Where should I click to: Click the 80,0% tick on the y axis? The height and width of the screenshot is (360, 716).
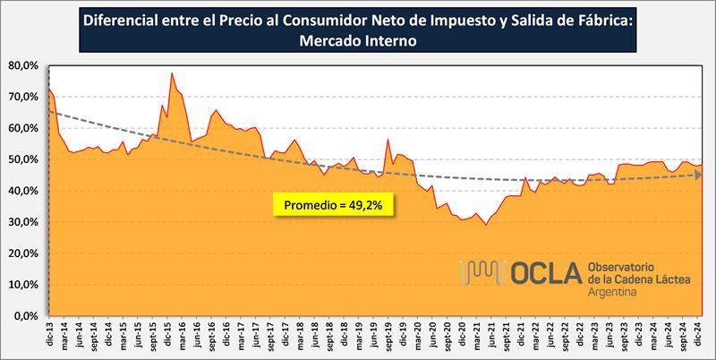(21, 65)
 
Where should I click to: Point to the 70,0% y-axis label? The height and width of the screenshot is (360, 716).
(21, 97)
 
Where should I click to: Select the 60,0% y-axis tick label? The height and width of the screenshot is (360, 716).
(21, 128)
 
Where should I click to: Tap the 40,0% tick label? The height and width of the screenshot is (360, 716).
(21, 191)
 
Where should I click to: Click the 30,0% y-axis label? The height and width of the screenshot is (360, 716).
(21, 222)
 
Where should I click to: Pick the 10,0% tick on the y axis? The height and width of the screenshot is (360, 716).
(21, 285)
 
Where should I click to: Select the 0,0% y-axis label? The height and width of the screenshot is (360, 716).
(24, 316)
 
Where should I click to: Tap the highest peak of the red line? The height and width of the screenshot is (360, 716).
(172, 73)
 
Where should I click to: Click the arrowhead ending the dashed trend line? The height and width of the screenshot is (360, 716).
(698, 175)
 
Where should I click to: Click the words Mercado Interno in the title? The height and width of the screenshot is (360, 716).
(358, 41)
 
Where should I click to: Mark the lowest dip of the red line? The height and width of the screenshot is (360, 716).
(485, 224)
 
